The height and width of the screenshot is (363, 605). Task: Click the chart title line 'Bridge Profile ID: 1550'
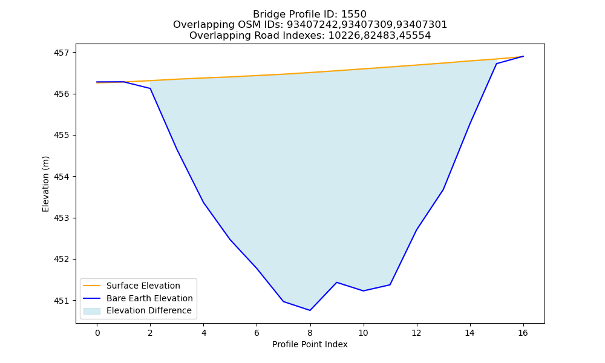pyautogui.click(x=309, y=15)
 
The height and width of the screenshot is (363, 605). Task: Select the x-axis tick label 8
pyautogui.click(x=310, y=333)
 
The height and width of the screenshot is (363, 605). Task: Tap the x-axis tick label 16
pyautogui.click(x=523, y=333)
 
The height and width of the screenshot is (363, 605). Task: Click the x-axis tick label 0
pyautogui.click(x=97, y=333)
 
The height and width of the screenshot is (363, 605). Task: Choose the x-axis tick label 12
pyautogui.click(x=416, y=333)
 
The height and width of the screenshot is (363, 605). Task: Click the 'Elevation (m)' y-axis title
pyautogui.click(x=45, y=184)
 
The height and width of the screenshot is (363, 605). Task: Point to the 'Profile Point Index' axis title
pyautogui.click(x=310, y=344)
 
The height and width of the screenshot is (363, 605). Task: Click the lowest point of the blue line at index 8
pyautogui.click(x=310, y=310)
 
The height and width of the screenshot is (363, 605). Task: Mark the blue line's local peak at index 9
pyautogui.click(x=337, y=283)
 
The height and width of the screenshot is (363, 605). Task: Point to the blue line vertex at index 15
pyautogui.click(x=496, y=64)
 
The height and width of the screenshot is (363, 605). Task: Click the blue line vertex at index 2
pyautogui.click(x=151, y=89)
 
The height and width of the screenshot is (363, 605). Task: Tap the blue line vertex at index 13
pyautogui.click(x=443, y=189)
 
